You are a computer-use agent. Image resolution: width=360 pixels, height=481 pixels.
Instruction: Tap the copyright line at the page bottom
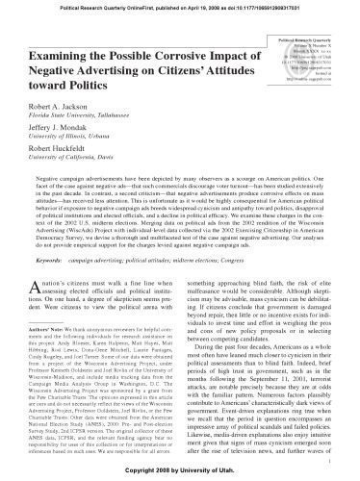click(181, 473)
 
